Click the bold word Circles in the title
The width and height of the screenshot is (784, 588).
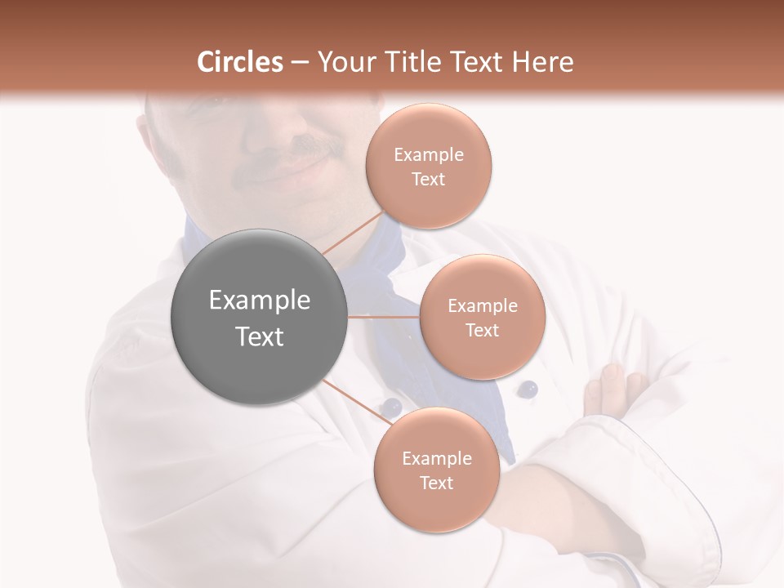point(240,62)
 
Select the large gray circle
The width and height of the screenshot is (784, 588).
point(260,317)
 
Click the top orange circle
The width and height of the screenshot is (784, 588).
point(428,166)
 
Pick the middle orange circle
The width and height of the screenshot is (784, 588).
point(482,317)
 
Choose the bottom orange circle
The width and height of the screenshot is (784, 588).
point(436,470)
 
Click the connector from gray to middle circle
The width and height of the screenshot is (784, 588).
point(384,317)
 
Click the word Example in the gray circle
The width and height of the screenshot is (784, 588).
point(260,301)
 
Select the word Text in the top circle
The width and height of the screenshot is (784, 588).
point(428,179)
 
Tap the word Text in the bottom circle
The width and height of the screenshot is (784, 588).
point(436,483)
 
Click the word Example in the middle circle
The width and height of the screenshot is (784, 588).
point(482,305)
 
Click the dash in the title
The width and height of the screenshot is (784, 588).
point(299,62)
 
